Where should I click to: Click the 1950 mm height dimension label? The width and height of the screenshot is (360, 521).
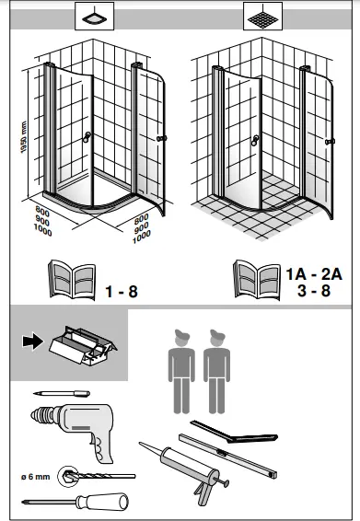pyautogui.click(x=23, y=137)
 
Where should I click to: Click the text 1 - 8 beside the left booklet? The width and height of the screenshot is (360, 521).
pyautogui.click(x=122, y=292)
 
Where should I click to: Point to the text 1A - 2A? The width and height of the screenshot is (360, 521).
pyautogui.click(x=314, y=274)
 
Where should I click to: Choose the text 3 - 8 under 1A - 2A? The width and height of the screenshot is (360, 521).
pyautogui.click(x=314, y=290)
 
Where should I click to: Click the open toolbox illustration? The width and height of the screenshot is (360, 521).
pyautogui.click(x=83, y=345)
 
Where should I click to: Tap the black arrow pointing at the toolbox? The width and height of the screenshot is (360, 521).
pyautogui.click(x=32, y=342)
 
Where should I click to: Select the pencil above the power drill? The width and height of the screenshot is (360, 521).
pyautogui.click(x=62, y=394)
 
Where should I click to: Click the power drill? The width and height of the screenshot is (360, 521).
pyautogui.click(x=74, y=430)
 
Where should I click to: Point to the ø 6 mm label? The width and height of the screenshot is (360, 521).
pyautogui.click(x=36, y=477)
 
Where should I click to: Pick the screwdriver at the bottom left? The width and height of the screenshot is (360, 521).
pyautogui.click(x=75, y=502)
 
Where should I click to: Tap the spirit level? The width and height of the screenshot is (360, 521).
pyautogui.click(x=228, y=456)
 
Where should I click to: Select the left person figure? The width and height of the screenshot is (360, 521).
pyautogui.click(x=181, y=372)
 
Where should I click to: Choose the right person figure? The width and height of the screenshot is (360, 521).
pyautogui.click(x=216, y=372)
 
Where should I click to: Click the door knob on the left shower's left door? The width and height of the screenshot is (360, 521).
pyautogui.click(x=87, y=137)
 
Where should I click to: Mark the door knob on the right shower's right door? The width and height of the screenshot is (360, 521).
pyautogui.click(x=330, y=142)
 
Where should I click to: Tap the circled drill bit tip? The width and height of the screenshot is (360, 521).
pyautogui.click(x=68, y=477)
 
